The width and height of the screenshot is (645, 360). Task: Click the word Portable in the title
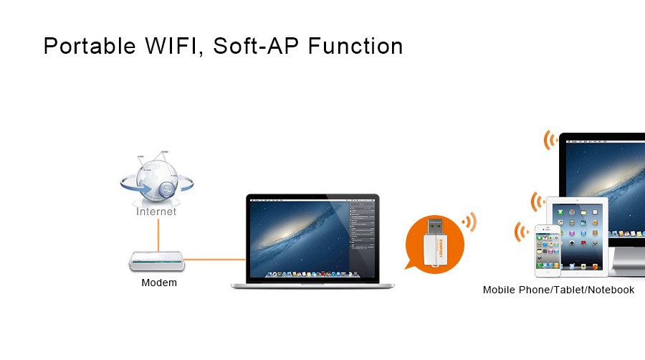90,46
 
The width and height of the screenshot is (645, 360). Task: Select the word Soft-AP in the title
256,45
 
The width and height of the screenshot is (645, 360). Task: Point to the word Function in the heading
355,46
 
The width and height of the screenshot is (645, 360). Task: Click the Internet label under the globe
156,212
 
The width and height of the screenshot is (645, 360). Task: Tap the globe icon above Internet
157,179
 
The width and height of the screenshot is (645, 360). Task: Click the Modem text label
159,283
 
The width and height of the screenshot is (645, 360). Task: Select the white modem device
157,261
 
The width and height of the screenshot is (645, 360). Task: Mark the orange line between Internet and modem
158,235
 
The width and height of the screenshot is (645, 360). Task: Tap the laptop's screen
312,239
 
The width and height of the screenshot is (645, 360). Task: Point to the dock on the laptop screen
312,274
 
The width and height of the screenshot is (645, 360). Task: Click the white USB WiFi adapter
435,242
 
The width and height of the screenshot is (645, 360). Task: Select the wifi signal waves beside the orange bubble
469,222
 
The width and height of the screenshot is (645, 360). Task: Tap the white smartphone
548,250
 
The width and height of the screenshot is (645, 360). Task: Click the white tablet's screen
577,236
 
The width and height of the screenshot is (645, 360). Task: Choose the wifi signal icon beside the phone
521,232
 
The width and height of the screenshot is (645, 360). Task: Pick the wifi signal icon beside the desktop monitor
550,140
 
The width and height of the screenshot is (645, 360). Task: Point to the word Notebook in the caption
611,290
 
